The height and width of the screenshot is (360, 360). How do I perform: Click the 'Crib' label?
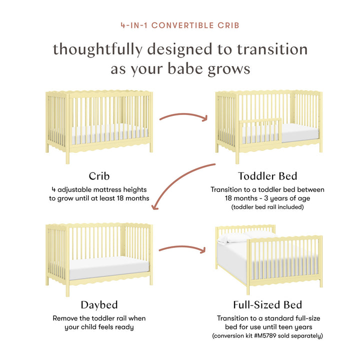click(99, 176)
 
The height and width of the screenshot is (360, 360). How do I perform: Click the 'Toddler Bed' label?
click(267, 176)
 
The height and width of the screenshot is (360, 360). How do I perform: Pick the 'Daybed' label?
click(99, 304)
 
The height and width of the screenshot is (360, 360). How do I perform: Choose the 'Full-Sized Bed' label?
click(267, 304)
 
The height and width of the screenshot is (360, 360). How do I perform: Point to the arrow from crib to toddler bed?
click(183, 118)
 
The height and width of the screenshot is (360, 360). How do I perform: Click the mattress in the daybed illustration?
click(108, 267)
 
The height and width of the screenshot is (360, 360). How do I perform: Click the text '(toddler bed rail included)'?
click(267, 206)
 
